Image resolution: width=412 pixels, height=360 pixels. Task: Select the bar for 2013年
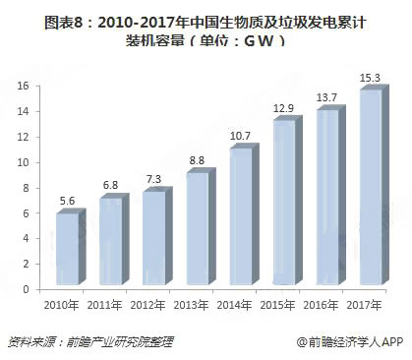pos(197,231)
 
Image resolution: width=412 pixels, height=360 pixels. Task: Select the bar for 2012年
pos(153,240)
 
